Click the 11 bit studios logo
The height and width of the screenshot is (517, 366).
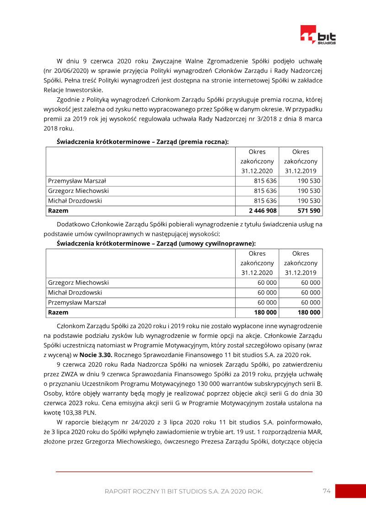318,36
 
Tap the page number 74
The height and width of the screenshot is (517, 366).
326,491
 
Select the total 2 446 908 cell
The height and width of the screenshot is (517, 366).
263,211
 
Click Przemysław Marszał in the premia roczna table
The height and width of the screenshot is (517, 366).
77,181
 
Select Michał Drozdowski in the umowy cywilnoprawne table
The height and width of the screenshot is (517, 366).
75,293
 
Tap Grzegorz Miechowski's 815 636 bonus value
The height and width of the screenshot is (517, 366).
265,191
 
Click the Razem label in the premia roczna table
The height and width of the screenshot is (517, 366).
58,211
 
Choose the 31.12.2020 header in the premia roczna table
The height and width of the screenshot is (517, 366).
257,171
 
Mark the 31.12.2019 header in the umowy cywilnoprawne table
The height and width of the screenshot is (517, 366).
301,273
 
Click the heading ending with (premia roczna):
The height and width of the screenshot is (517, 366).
143,142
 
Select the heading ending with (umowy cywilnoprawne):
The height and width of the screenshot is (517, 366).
156,244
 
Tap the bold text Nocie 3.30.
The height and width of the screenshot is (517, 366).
96,354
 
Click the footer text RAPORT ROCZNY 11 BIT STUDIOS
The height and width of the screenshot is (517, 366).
183,491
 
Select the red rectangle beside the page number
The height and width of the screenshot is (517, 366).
350,491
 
